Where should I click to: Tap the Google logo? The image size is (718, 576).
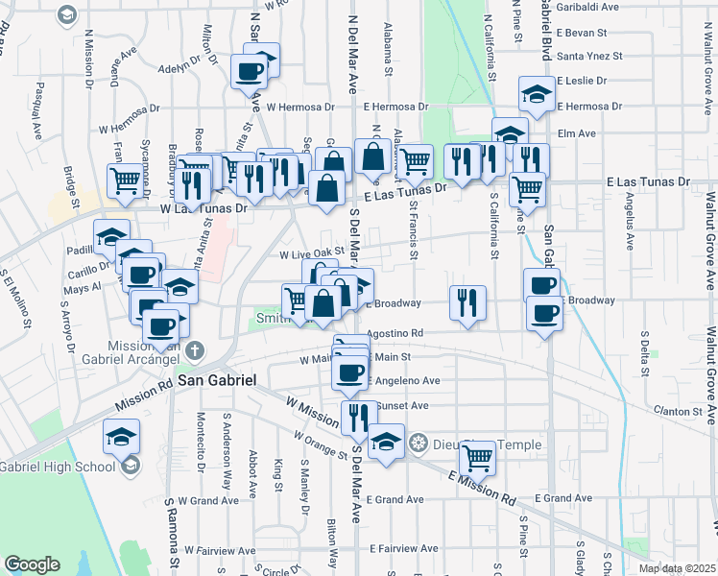pos(32,564)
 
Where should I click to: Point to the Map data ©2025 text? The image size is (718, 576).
pos(677,568)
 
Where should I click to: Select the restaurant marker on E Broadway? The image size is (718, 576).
pos(467,303)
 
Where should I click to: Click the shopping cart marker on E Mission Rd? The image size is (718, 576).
pos(477,459)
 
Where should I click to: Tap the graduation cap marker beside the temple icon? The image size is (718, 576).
pos(386,443)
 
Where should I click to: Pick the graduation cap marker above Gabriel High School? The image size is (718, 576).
pos(122,436)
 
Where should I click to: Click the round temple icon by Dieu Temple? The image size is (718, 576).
pos(418,443)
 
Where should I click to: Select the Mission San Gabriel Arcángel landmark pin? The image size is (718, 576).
pos(196,349)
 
